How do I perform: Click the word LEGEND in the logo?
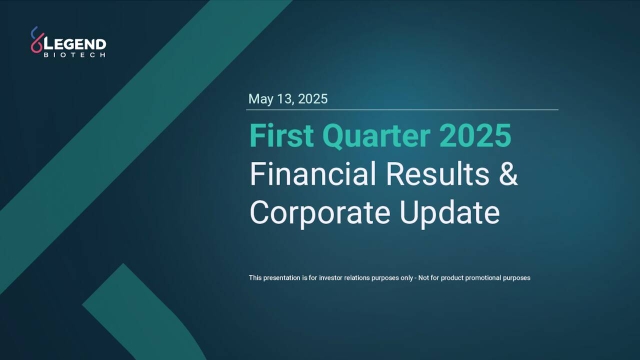(x=79, y=43)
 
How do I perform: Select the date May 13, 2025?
(x=287, y=99)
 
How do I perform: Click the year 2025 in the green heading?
(x=478, y=135)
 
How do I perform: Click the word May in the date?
(x=261, y=99)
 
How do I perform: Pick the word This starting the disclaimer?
(x=255, y=277)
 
